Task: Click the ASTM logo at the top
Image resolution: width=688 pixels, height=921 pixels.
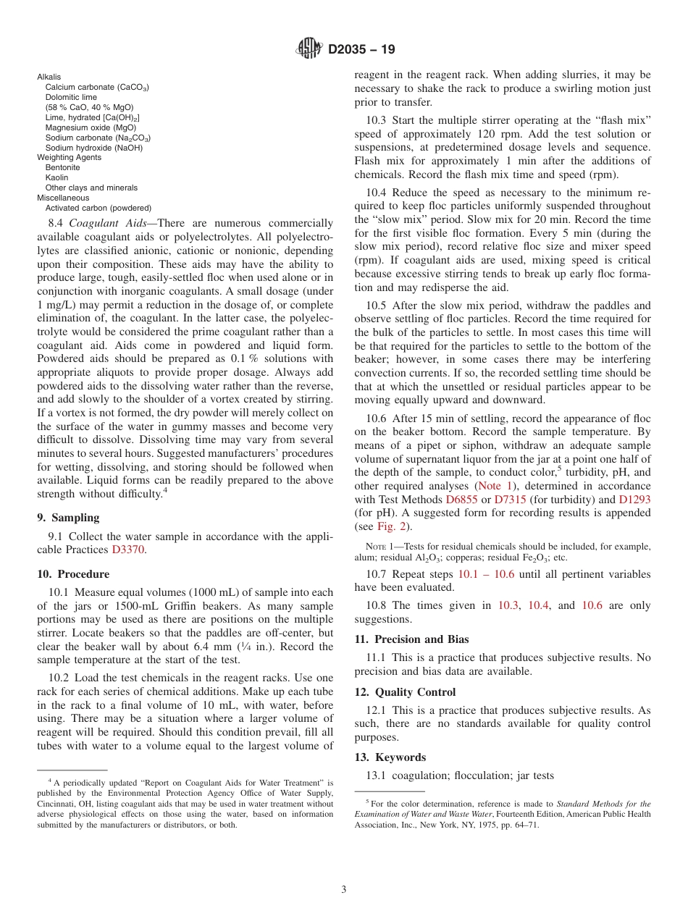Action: point(309,49)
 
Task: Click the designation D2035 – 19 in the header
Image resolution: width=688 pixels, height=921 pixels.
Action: point(361,50)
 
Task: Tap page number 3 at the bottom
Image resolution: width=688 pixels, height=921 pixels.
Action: point(344,889)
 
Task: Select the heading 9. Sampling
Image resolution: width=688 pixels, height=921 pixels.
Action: point(68,518)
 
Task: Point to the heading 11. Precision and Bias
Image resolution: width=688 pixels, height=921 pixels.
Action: point(411,639)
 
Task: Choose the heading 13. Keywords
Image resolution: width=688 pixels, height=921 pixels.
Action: point(390,757)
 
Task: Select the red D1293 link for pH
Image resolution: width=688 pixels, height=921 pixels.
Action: point(634,500)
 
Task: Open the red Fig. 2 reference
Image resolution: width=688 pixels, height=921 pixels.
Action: point(392,526)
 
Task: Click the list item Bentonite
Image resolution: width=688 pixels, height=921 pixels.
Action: point(62,167)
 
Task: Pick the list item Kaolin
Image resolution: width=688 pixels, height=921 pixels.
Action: point(56,177)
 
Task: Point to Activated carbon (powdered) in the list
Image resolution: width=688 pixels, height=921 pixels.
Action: point(98,208)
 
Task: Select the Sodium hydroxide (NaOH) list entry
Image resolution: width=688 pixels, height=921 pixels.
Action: point(93,148)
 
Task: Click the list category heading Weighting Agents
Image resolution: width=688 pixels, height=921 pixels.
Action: point(69,157)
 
